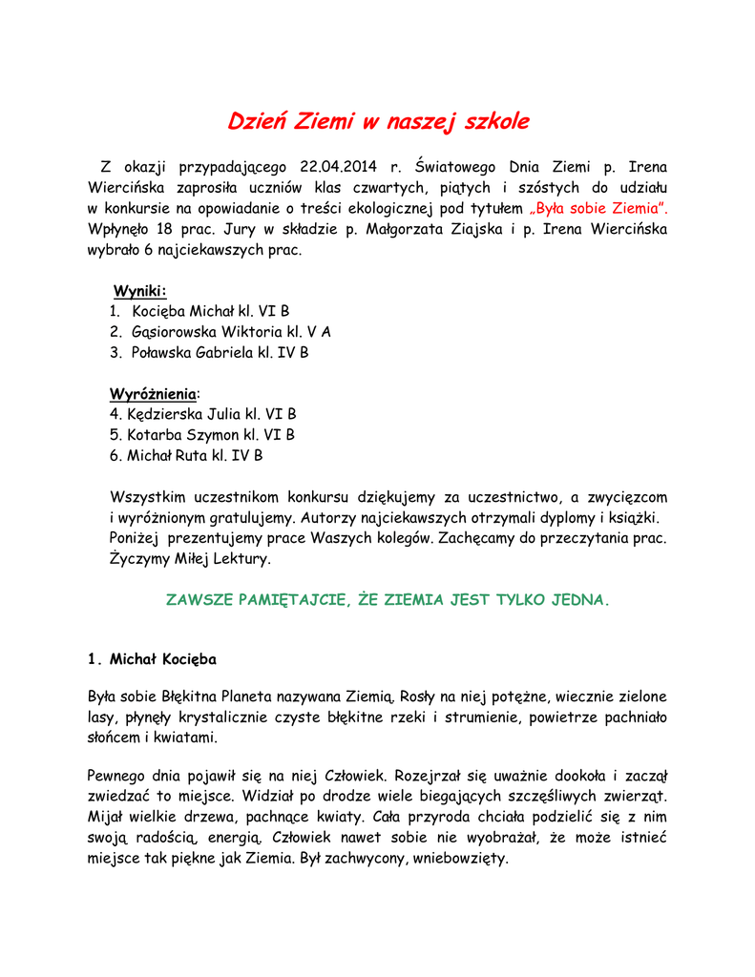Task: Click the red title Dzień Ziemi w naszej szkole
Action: click(x=377, y=122)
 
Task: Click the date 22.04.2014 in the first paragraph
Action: click(x=339, y=166)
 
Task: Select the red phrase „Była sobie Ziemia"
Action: click(x=598, y=208)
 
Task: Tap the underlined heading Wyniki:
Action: click(x=139, y=290)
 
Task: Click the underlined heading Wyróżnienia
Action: click(x=154, y=393)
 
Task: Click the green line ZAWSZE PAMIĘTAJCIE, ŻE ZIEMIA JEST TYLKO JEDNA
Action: click(x=387, y=600)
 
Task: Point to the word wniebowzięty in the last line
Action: click(x=459, y=858)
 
